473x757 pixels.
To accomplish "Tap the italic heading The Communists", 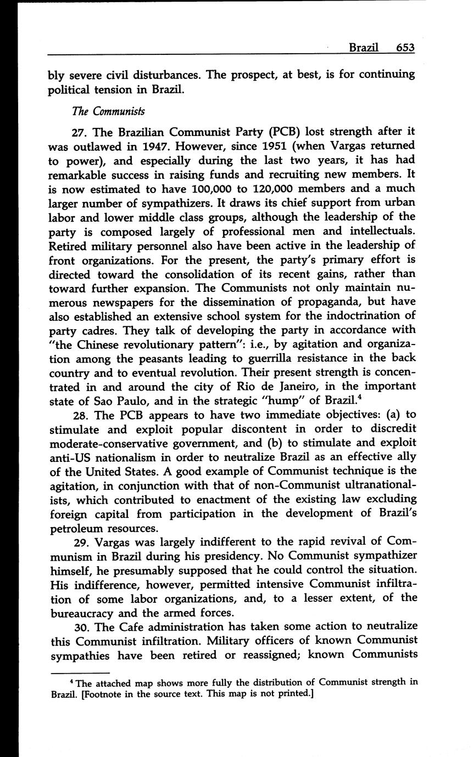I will click(108, 111).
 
